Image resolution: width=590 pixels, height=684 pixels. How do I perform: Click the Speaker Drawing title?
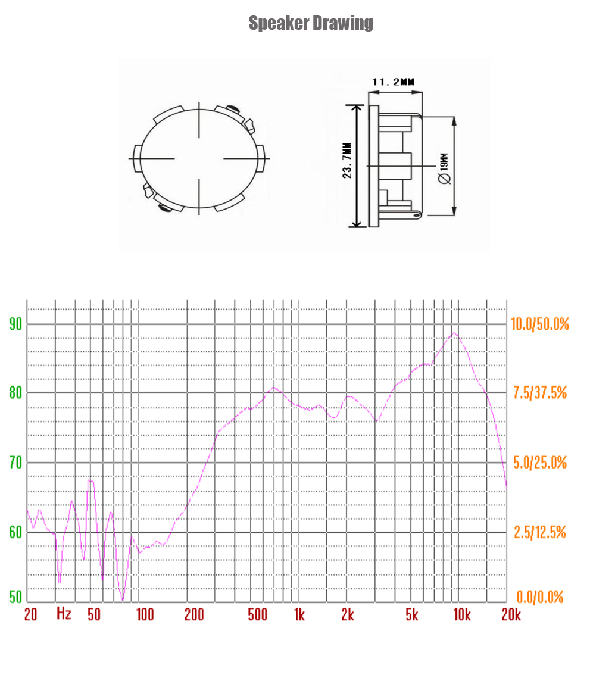pyautogui.click(x=311, y=23)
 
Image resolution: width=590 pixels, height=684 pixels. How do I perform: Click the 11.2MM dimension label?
pyautogui.click(x=393, y=82)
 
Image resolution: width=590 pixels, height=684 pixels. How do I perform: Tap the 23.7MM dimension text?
pyautogui.click(x=347, y=160)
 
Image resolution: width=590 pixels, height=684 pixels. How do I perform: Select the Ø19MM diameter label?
pyautogui.click(x=444, y=168)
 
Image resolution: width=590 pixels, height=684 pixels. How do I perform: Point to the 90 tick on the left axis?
pyautogui.click(x=15, y=324)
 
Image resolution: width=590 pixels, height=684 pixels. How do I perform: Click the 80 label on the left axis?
pyautogui.click(x=15, y=393)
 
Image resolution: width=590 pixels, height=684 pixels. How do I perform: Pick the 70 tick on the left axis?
pyautogui.click(x=15, y=463)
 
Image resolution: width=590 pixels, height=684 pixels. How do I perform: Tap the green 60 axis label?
pyautogui.click(x=15, y=532)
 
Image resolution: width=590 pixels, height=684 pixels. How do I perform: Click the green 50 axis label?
pyautogui.click(x=15, y=596)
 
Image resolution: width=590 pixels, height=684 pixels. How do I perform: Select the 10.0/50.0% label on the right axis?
pyautogui.click(x=540, y=324)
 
